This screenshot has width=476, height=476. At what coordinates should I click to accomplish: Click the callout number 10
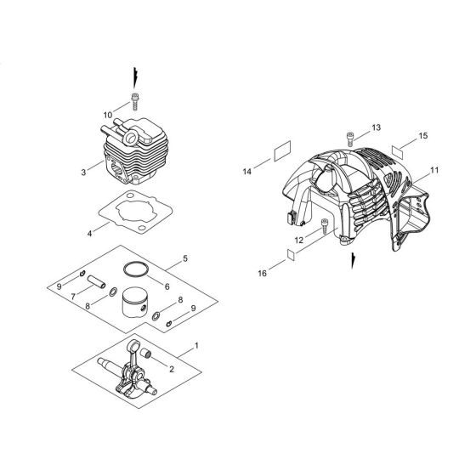[x=107, y=113]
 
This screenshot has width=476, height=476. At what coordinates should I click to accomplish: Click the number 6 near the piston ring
[x=167, y=286]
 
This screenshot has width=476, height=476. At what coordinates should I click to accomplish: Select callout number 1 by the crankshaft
[x=196, y=348]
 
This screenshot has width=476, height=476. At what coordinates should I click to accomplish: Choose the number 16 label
[x=262, y=273]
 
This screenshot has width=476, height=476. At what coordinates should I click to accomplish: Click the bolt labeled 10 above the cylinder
[x=134, y=102]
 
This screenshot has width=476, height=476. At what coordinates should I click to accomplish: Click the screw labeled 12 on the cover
[x=325, y=227]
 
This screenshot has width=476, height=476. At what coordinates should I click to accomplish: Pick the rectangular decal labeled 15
[x=399, y=150]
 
